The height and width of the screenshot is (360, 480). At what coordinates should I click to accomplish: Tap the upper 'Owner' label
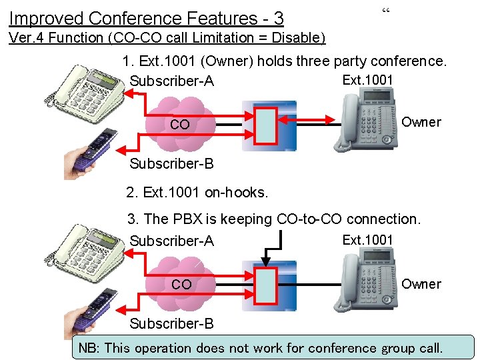click(421, 122)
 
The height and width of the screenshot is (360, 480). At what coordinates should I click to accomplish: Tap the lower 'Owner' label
click(421, 284)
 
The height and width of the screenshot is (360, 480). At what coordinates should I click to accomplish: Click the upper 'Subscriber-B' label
click(171, 164)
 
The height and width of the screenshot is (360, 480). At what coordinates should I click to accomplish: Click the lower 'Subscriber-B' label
click(171, 324)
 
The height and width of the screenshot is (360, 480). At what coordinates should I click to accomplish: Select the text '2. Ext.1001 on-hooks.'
click(197, 193)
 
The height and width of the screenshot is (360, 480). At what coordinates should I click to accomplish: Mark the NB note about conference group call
click(261, 347)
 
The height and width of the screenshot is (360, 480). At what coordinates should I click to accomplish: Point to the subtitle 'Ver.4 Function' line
click(167, 38)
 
